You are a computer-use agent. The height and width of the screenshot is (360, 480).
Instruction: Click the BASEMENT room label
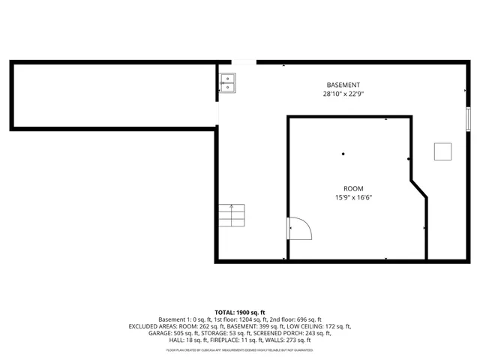pyautogui.click(x=343, y=85)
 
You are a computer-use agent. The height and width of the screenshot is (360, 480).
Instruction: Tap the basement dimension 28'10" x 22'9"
pyautogui.click(x=343, y=94)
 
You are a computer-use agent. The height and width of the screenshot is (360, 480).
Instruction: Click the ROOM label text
pyautogui.click(x=353, y=188)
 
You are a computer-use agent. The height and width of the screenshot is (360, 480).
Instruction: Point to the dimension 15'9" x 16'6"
pyautogui.click(x=353, y=198)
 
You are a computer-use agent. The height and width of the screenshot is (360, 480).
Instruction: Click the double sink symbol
pyautogui.click(x=227, y=82)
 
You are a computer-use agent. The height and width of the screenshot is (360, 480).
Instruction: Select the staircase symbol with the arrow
pyautogui.click(x=232, y=216)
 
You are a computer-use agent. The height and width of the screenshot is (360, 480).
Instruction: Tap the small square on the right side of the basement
pyautogui.click(x=443, y=151)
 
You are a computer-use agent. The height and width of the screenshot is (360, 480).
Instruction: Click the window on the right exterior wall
pyautogui.click(x=468, y=118)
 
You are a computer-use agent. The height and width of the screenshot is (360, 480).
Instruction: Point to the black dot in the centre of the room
pyautogui.click(x=343, y=154)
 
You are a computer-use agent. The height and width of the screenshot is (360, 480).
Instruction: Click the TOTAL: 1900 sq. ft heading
pyautogui.click(x=240, y=312)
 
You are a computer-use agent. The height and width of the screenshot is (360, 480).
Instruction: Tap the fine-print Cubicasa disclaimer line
pyautogui.click(x=240, y=350)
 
